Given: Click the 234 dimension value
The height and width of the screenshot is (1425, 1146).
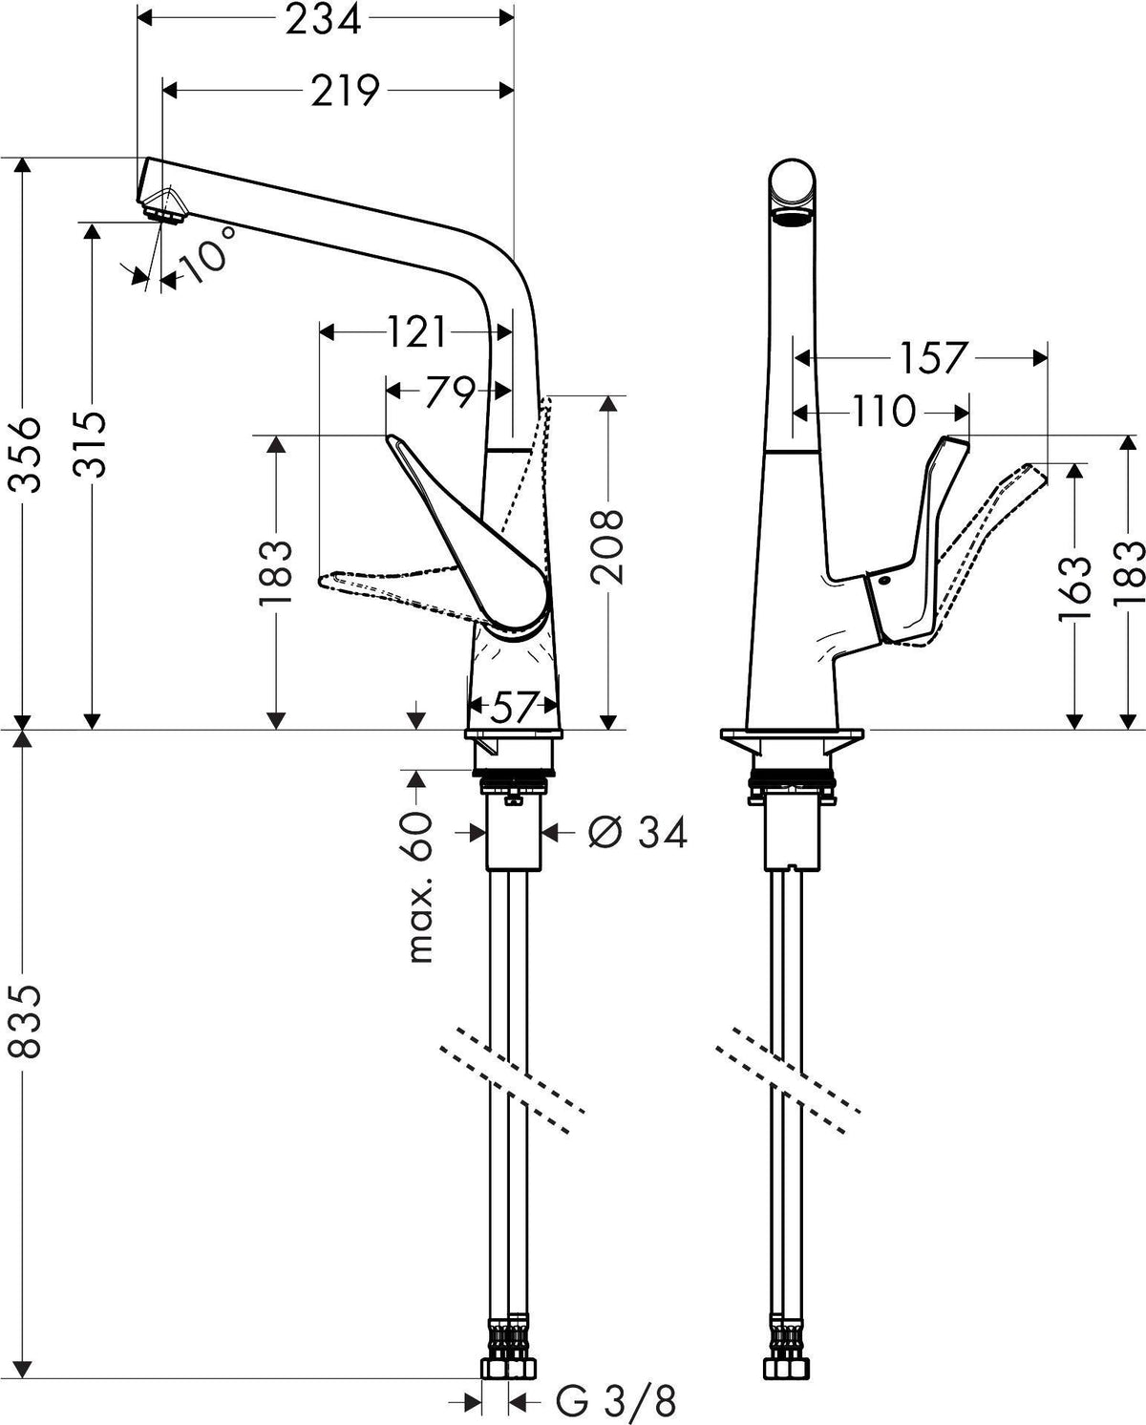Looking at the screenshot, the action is point(324,20).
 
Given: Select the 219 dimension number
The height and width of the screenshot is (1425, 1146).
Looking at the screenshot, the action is point(345,91).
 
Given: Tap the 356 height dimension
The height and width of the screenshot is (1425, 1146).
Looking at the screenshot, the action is point(26,455).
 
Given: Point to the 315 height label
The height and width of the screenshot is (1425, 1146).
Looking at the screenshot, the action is point(90,444).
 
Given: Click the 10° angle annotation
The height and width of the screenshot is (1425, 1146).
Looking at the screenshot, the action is point(206,254).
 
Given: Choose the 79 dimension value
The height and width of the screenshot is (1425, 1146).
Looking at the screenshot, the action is point(450,393).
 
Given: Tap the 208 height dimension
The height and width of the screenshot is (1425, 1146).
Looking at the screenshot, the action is point(606,546).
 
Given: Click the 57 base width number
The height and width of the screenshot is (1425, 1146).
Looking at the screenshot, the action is point(512,709).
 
